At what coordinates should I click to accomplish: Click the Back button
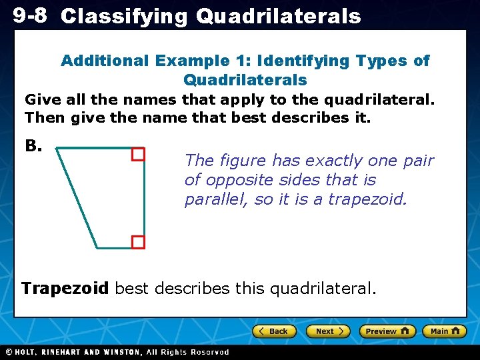274,331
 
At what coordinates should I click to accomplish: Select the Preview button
387,331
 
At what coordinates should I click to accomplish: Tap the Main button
444,331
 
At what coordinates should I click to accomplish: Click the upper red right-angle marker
138,155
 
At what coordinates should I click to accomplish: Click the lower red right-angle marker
138,242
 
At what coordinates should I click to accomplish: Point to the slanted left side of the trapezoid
77,198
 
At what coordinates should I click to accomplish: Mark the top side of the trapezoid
100,148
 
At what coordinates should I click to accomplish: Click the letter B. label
33,145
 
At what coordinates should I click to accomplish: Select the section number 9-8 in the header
29,15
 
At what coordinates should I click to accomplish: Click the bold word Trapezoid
65,289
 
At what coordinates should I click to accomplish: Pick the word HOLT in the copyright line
27,352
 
